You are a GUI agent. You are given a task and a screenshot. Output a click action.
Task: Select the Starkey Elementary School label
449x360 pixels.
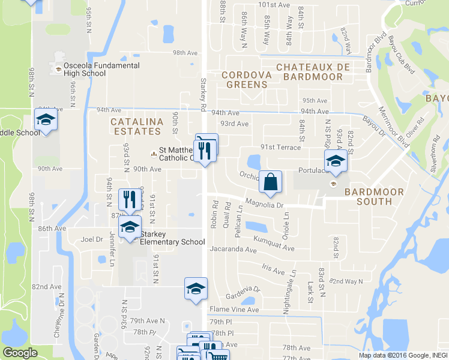[172, 238]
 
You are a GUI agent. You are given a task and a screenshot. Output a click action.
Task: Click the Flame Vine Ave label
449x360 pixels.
[234, 310]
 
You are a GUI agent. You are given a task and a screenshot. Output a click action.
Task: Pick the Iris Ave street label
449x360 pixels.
[273, 270]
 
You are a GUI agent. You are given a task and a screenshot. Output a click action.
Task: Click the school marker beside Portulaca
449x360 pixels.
[336, 161]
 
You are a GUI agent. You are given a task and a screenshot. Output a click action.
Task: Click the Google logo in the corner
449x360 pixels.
[20, 353]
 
